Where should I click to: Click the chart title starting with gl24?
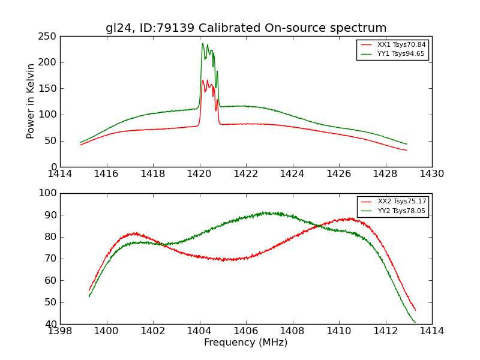[x=246, y=28]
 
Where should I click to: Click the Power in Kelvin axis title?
[x=31, y=101]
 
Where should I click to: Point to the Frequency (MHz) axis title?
[x=246, y=343]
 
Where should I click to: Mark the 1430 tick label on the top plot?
[x=431, y=173]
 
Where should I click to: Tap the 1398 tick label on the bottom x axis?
[x=61, y=331]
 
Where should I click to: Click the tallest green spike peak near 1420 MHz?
[x=203, y=43]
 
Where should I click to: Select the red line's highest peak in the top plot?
[x=203, y=80]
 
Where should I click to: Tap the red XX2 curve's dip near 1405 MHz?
[x=223, y=260]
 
